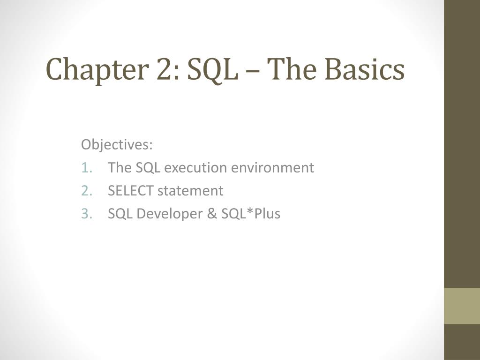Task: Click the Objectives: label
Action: pos(117,144)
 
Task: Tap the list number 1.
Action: pos(87,167)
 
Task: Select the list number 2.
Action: pos(87,191)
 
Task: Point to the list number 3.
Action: pos(87,214)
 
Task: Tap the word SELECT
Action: pos(130,191)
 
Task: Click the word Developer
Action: pos(165,214)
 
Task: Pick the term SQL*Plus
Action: pos(247,214)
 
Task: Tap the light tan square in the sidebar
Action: pos(462,306)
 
